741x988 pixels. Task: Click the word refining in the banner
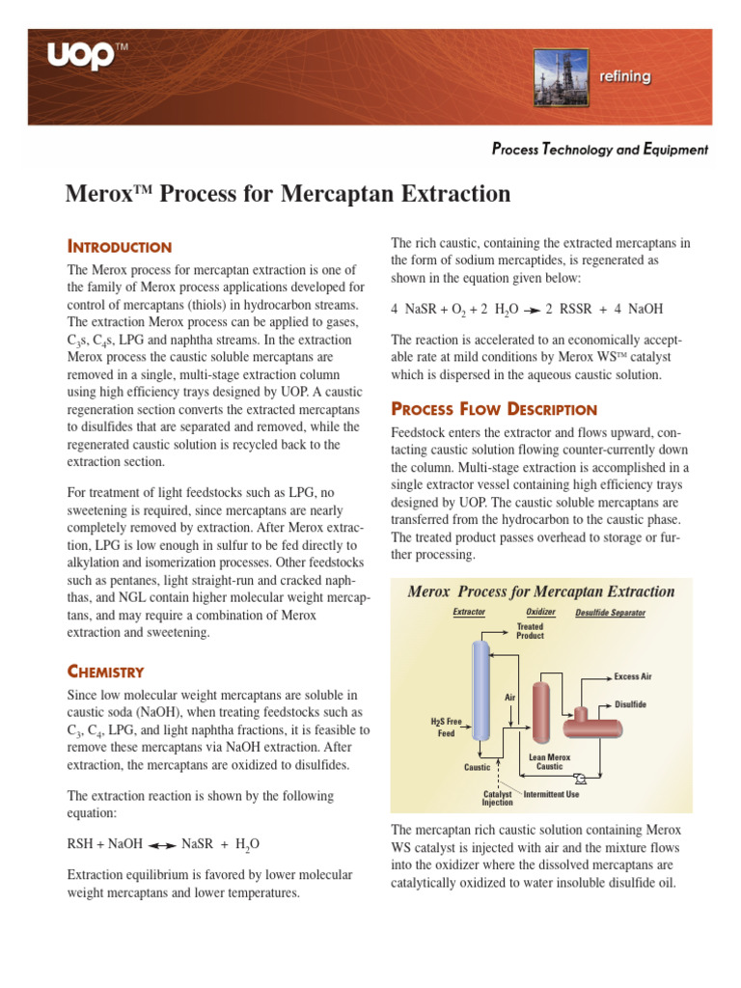click(624, 76)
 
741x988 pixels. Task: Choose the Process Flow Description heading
click(493, 409)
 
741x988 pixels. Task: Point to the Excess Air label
click(633, 676)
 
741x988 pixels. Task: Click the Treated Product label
click(530, 631)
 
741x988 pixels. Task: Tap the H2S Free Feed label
click(445, 727)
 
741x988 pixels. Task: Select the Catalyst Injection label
click(497, 798)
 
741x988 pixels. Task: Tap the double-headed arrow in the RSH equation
click(161, 844)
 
